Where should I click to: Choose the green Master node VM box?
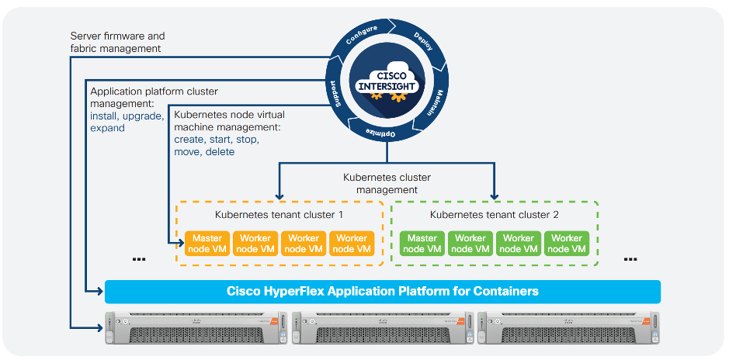tap(422, 244)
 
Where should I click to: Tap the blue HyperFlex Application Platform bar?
tap(382, 292)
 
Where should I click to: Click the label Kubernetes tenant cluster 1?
tap(279, 214)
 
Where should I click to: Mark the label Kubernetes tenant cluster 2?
tap(494, 214)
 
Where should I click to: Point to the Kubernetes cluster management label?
tap(387, 183)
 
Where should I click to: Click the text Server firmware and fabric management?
tap(116, 42)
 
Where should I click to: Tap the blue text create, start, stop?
tap(217, 140)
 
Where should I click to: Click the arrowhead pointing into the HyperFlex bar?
tap(99, 292)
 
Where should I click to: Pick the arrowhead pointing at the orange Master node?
tap(179, 244)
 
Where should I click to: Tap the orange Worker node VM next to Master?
tap(255, 244)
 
